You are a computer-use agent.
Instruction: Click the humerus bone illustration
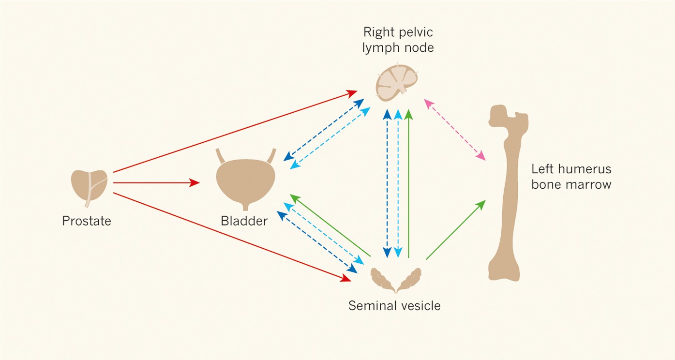coord(506,194)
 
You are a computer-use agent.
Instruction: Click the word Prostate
coord(87,221)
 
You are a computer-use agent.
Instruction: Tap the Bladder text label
coord(244,221)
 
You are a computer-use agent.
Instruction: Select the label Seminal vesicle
coord(394,306)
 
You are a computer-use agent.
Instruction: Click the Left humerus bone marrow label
coord(571,177)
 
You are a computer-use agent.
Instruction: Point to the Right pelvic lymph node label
coord(398,40)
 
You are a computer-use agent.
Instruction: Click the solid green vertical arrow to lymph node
coord(409,184)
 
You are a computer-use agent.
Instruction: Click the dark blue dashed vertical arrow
coord(387,184)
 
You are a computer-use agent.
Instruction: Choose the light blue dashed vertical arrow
coord(398,184)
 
